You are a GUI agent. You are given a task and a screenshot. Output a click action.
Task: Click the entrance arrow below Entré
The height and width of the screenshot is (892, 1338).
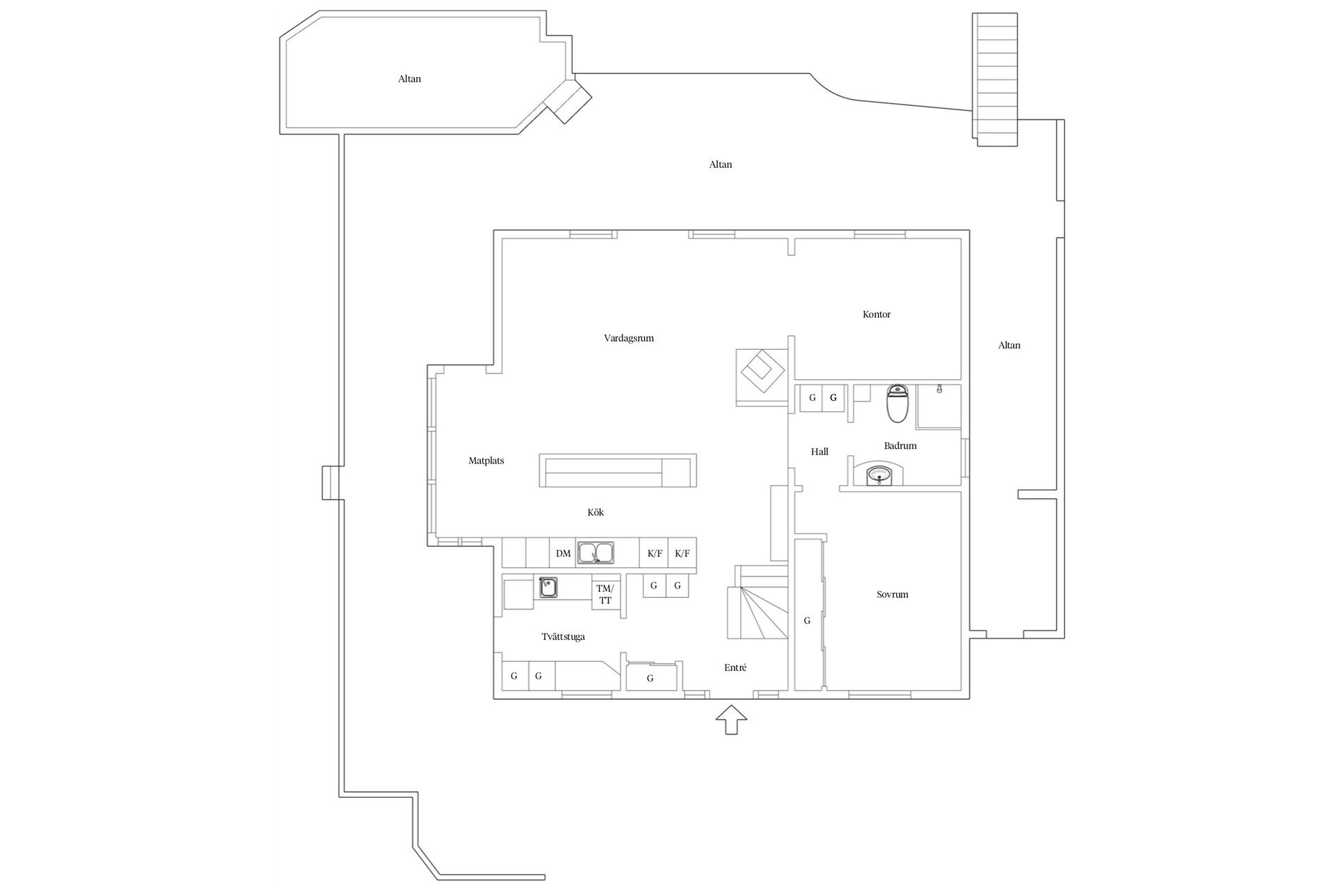click(732, 719)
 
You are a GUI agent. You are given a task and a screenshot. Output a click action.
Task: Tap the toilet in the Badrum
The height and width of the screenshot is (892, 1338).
click(897, 403)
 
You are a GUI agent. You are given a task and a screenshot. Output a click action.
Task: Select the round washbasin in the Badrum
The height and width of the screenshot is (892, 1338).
click(879, 477)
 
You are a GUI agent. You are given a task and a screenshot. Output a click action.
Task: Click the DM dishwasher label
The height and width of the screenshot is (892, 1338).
click(563, 554)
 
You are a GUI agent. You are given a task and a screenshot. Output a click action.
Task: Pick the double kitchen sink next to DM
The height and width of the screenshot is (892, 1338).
click(595, 553)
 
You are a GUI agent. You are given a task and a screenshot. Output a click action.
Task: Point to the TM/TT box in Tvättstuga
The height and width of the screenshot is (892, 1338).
click(605, 594)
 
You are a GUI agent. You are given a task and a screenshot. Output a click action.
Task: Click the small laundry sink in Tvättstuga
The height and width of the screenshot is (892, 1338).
click(548, 587)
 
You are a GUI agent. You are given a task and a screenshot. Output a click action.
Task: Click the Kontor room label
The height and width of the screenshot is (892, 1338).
click(876, 314)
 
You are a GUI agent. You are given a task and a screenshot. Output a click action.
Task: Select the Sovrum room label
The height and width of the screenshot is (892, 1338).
click(892, 594)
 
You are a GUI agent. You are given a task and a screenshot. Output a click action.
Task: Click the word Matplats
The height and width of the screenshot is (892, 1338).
click(486, 461)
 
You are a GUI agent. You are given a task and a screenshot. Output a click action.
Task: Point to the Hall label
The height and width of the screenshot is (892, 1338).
click(820, 452)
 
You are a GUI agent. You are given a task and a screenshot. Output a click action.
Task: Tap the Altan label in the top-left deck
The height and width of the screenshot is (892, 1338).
click(410, 79)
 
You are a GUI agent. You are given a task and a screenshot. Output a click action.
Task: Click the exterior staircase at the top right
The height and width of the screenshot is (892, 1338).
click(996, 80)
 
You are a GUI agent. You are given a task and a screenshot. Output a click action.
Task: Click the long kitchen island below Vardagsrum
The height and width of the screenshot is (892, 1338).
click(617, 471)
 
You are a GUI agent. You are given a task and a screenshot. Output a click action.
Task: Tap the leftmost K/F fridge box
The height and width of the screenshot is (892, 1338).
click(654, 554)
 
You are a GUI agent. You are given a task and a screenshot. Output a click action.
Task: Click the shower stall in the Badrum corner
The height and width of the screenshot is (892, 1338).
click(939, 406)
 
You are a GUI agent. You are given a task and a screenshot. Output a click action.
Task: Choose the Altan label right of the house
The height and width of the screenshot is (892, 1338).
click(1008, 345)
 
